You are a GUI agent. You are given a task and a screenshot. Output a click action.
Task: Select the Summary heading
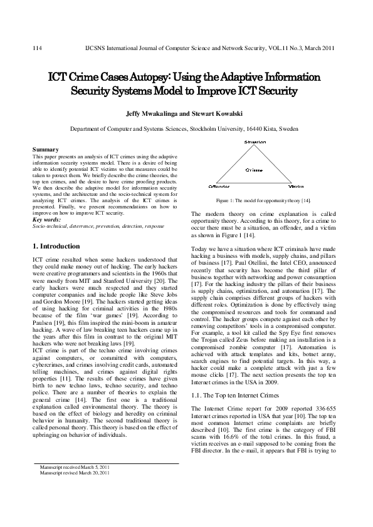click(45, 150)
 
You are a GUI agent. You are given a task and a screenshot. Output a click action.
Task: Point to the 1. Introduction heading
click(56, 247)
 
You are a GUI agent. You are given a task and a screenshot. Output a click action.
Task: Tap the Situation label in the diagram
click(255, 142)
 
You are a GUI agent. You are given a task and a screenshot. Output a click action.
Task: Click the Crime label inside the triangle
click(254, 170)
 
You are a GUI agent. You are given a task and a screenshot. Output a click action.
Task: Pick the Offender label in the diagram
click(219, 187)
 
